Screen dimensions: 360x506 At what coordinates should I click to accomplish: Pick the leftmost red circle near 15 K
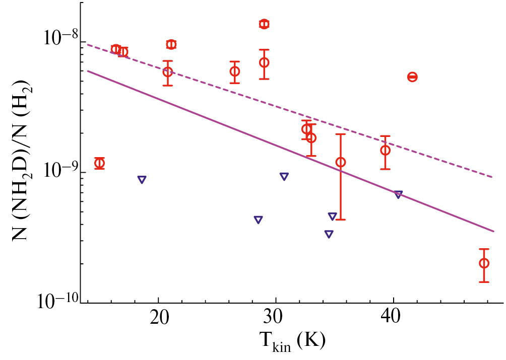pos(99,163)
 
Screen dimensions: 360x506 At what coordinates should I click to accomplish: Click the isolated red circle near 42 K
pos(412,77)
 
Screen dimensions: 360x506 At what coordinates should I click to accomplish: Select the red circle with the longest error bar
pos(341,162)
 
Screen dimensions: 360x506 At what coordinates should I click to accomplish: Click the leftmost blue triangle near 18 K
pos(142,179)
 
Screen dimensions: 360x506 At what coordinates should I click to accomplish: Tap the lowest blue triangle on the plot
pos(329,234)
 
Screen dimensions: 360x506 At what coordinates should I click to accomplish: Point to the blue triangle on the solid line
pos(398,194)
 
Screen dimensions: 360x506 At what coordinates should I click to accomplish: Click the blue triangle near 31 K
pos(284,176)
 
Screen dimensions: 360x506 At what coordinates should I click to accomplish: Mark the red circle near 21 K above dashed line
pos(171,44)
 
